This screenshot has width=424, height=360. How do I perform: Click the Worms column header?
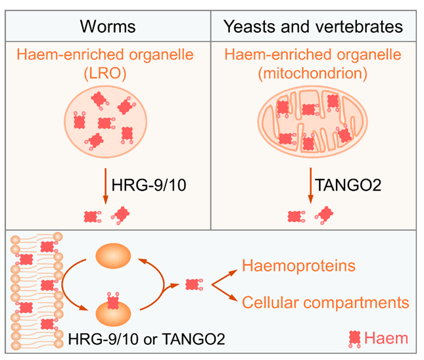pos(108,27)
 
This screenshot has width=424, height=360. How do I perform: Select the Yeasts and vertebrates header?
pos(313,27)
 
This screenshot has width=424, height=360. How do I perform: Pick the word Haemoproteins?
pos(298,267)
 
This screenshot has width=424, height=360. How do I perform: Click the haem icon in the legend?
pos(356,338)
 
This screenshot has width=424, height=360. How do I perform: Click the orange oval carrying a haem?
pos(113,310)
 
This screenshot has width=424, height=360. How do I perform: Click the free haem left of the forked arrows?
pos(192,285)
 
